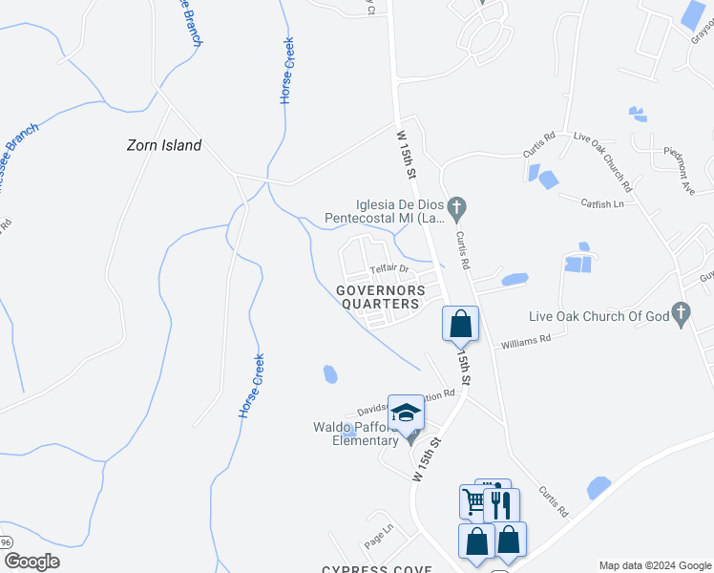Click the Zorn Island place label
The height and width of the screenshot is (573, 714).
164,145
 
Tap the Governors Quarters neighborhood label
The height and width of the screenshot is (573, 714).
378,297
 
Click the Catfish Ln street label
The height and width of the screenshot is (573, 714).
604,202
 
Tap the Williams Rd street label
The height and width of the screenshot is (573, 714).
526,339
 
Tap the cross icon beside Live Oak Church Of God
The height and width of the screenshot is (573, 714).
681,313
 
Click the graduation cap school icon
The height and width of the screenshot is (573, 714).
406,413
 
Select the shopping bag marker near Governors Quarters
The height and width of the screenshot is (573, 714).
460,323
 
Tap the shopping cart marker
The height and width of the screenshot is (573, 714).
474,500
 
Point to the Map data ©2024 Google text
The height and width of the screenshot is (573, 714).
653,565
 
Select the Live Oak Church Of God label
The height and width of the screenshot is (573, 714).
598,316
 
